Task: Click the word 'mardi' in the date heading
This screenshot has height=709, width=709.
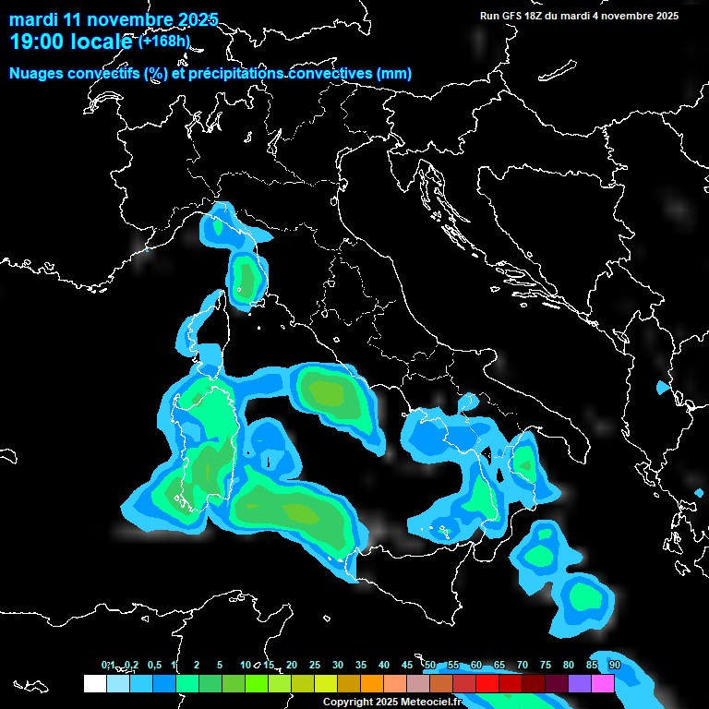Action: [x=33, y=19]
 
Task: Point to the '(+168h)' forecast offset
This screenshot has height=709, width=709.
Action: [x=164, y=41]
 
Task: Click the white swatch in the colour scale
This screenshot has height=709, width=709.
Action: [x=94, y=684]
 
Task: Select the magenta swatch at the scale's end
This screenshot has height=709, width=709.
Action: [x=603, y=684]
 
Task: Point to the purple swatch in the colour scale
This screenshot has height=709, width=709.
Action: [x=580, y=684]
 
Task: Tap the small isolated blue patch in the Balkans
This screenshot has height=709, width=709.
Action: [x=661, y=388]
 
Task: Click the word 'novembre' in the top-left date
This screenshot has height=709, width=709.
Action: [x=117, y=19]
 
